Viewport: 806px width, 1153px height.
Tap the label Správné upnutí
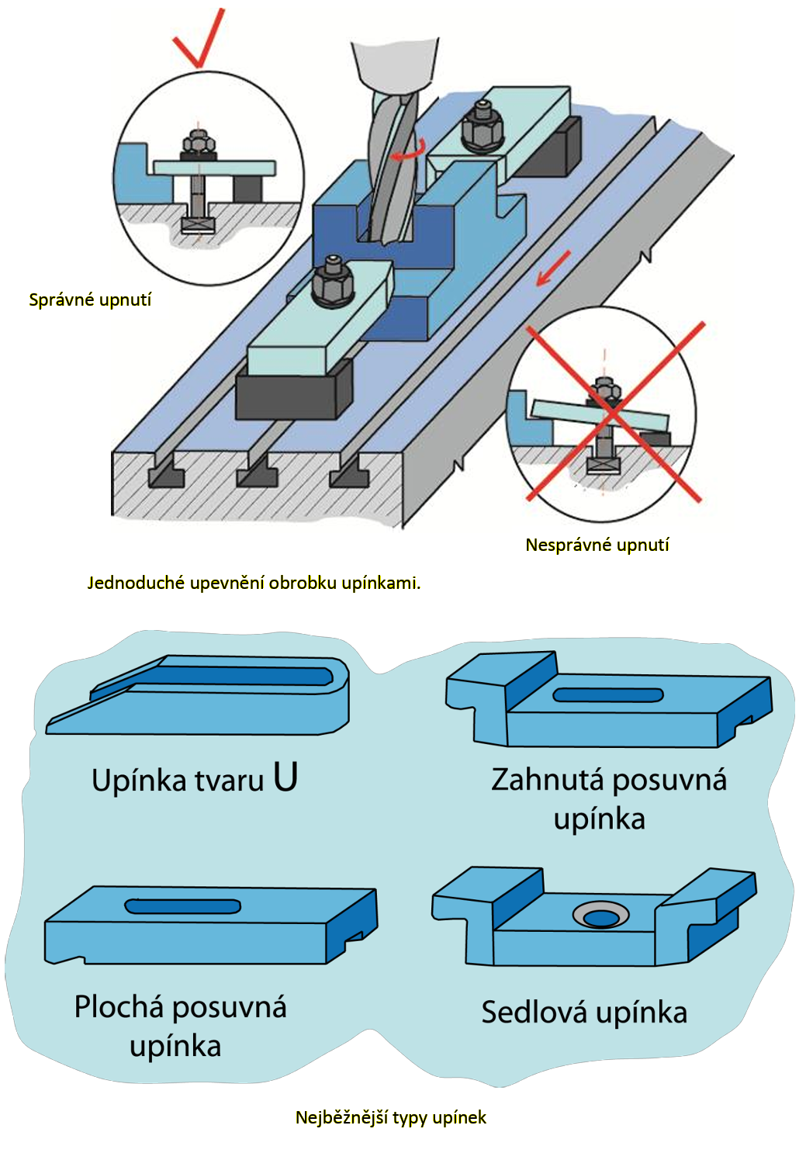point(90,300)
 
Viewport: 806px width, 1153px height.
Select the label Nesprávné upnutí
point(597,545)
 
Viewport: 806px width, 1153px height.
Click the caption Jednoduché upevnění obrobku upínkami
point(254,583)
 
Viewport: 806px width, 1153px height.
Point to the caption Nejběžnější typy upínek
point(391,1117)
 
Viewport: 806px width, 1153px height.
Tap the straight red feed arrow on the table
point(554,268)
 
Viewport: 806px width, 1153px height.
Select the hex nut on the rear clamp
point(483,127)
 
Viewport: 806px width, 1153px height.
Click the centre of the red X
point(612,412)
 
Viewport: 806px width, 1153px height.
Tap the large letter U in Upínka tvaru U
point(285,777)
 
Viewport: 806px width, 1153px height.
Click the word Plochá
point(119,1007)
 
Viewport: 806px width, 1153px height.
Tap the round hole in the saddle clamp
point(601,917)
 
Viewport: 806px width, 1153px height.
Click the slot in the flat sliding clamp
point(183,906)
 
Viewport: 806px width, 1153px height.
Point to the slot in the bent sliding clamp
point(608,695)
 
